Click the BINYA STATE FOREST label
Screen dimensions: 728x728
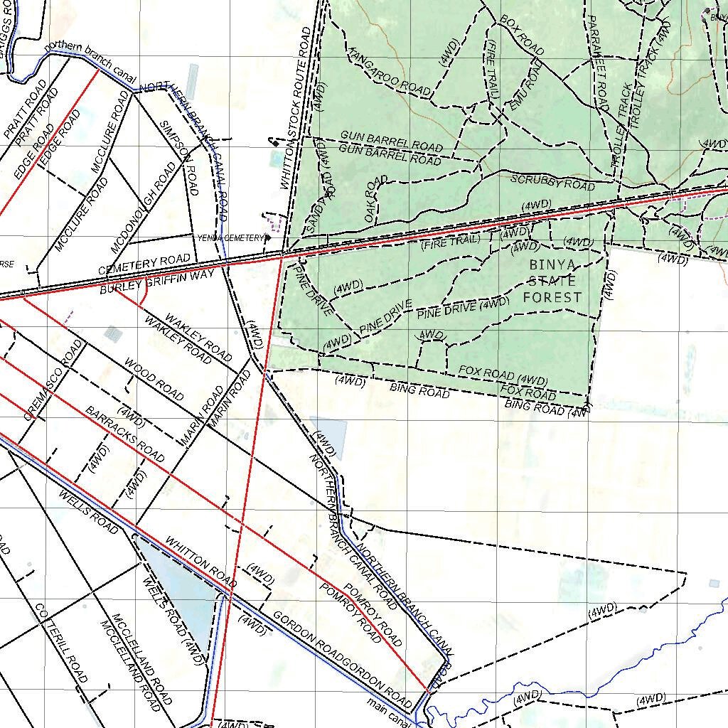pyautogui.click(x=552, y=281)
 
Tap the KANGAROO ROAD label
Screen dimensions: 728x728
pyautogui.click(x=390, y=72)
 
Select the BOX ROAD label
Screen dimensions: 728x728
pyautogui.click(x=522, y=35)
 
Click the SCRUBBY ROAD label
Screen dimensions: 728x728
pyautogui.click(x=552, y=182)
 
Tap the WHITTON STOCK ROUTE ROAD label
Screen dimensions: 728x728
pyautogui.click(x=296, y=108)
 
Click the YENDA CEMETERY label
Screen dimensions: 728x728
pyautogui.click(x=232, y=237)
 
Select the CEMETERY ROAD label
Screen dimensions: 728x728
pyautogui.click(x=144, y=265)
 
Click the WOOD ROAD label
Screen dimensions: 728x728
pyautogui.click(x=154, y=380)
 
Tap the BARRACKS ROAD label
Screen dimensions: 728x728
pyautogui.click(x=124, y=434)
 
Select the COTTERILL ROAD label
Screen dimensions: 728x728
pyautogui.click(x=60, y=643)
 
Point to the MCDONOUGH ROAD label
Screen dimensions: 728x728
pyautogui.click(x=143, y=208)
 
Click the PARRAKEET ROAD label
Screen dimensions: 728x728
pyautogui.click(x=599, y=63)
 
